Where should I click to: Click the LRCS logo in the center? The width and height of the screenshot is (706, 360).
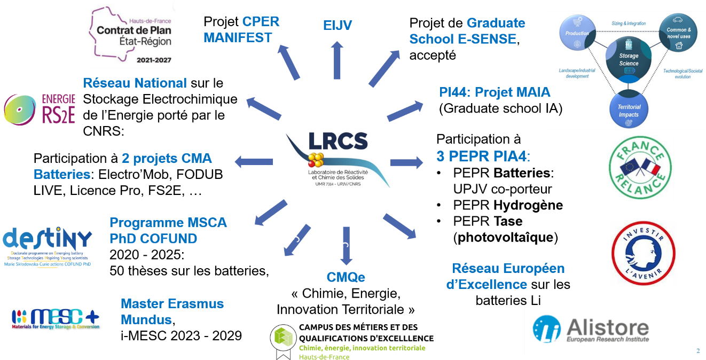click(338, 158)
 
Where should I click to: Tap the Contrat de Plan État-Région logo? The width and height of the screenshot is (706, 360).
click(131, 34)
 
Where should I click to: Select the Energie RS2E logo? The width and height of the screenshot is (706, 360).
click(40, 109)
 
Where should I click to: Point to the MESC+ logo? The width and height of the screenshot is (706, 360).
click(56, 315)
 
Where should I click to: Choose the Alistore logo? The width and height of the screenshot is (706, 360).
click(592, 327)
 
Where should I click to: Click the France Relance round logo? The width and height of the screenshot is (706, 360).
click(640, 168)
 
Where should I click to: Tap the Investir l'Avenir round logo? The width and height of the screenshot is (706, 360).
click(643, 253)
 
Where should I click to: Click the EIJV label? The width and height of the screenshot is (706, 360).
click(338, 25)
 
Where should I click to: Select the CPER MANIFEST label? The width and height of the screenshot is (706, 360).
click(238, 29)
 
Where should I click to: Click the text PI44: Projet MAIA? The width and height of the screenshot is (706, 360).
click(495, 92)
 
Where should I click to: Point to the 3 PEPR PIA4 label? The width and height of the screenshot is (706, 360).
click(483, 157)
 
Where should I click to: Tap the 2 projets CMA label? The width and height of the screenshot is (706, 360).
click(167, 159)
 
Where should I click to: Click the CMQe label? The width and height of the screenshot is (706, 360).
click(346, 277)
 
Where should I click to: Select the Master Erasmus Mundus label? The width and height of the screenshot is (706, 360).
click(172, 311)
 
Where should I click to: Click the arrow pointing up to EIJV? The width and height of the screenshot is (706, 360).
click(337, 60)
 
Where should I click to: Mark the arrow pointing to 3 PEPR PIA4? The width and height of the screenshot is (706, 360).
click(406, 162)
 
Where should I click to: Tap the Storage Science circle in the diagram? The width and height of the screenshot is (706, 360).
click(629, 60)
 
